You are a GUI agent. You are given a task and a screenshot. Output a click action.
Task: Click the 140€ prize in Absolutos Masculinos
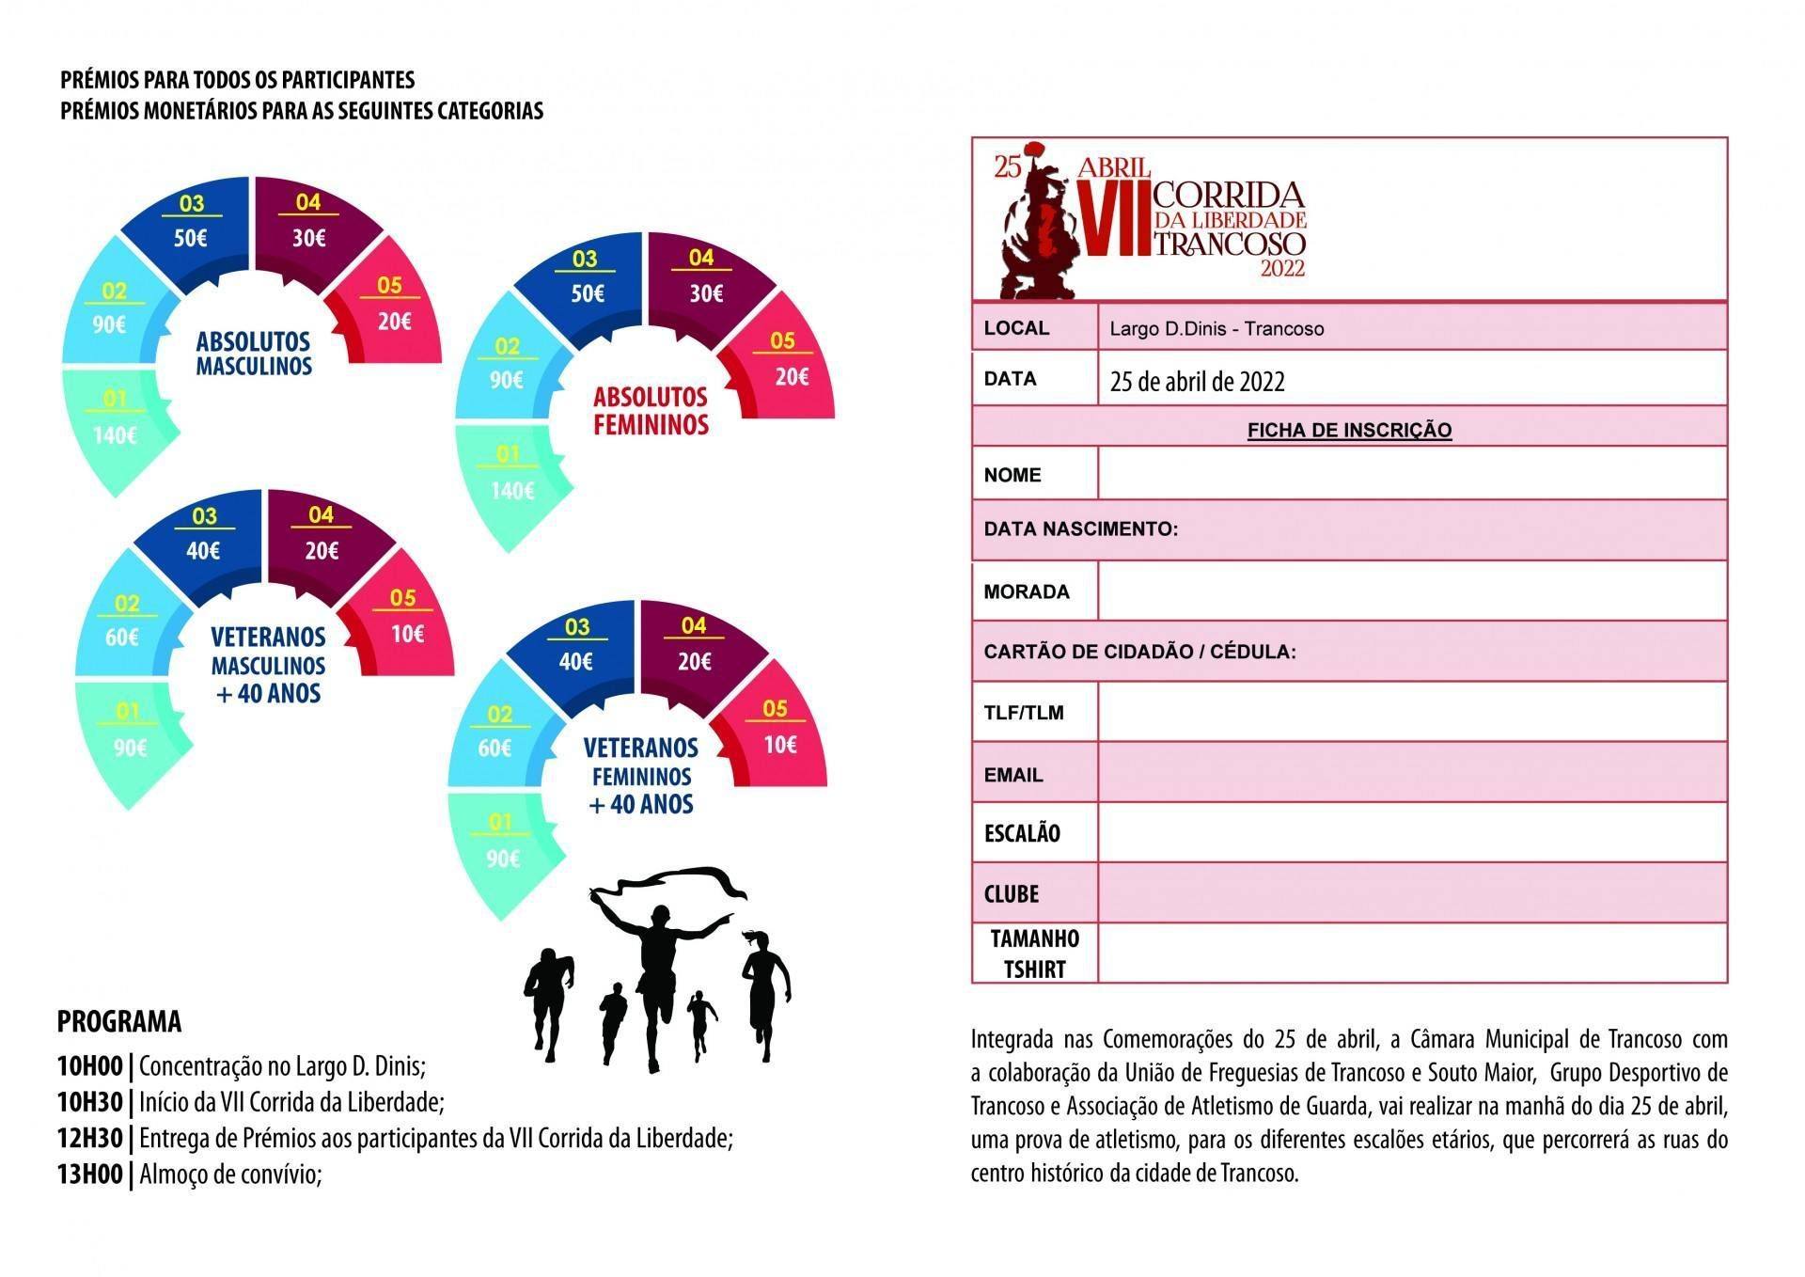tap(116, 434)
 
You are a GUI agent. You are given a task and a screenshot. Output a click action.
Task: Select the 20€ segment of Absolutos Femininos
tap(791, 376)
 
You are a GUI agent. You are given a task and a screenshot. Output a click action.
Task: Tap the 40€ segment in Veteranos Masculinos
tap(203, 549)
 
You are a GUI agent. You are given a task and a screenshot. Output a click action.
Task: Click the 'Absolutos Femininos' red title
tap(650, 410)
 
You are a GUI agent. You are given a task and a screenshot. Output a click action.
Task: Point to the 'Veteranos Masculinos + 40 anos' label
tap(268, 665)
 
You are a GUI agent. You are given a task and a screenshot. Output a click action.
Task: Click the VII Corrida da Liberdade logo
tap(1151, 218)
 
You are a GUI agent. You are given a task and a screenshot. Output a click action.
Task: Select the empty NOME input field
tap(1411, 473)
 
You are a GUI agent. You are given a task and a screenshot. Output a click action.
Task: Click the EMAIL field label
tap(1012, 775)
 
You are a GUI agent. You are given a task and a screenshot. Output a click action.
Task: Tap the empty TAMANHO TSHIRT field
tap(1411, 953)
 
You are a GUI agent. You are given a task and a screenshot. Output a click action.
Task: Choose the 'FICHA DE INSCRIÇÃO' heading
tap(1349, 430)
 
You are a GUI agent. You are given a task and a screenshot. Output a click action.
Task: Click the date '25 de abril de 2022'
tap(1197, 381)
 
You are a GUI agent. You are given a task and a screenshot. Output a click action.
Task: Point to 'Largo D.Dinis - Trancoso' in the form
tap(1216, 328)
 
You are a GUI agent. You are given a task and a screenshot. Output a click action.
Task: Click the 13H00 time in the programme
tap(89, 1174)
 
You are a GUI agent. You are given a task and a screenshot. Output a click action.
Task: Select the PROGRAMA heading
tap(118, 1021)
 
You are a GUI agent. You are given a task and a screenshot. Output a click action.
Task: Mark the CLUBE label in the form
tap(1012, 893)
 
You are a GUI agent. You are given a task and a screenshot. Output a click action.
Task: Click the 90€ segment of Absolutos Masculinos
tap(110, 324)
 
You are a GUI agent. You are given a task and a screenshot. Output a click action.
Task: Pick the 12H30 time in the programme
tap(89, 1138)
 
